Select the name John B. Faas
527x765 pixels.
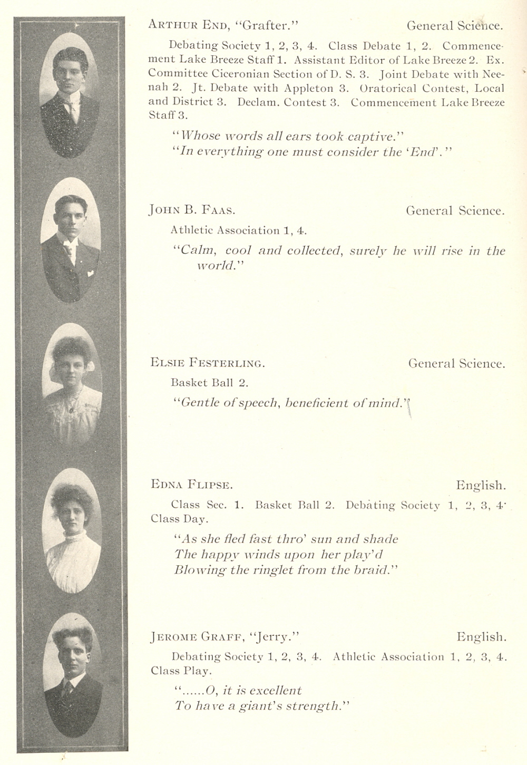pyautogui.click(x=192, y=210)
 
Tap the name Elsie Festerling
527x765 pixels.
pyautogui.click(x=208, y=363)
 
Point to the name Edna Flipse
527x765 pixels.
pyautogui.click(x=192, y=485)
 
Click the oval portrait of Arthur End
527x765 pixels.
pyautogui.click(x=71, y=95)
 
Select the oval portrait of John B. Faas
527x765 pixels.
pyautogui.click(x=71, y=240)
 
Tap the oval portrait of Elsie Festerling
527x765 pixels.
pyautogui.click(x=72, y=385)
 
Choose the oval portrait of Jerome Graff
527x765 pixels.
pyautogui.click(x=73, y=675)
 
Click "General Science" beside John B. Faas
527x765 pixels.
pyautogui.click(x=455, y=211)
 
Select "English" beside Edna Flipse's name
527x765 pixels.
pyautogui.click(x=481, y=485)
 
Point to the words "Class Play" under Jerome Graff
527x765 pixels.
pyautogui.click(x=181, y=671)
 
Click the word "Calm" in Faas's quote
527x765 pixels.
pyautogui.click(x=193, y=250)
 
